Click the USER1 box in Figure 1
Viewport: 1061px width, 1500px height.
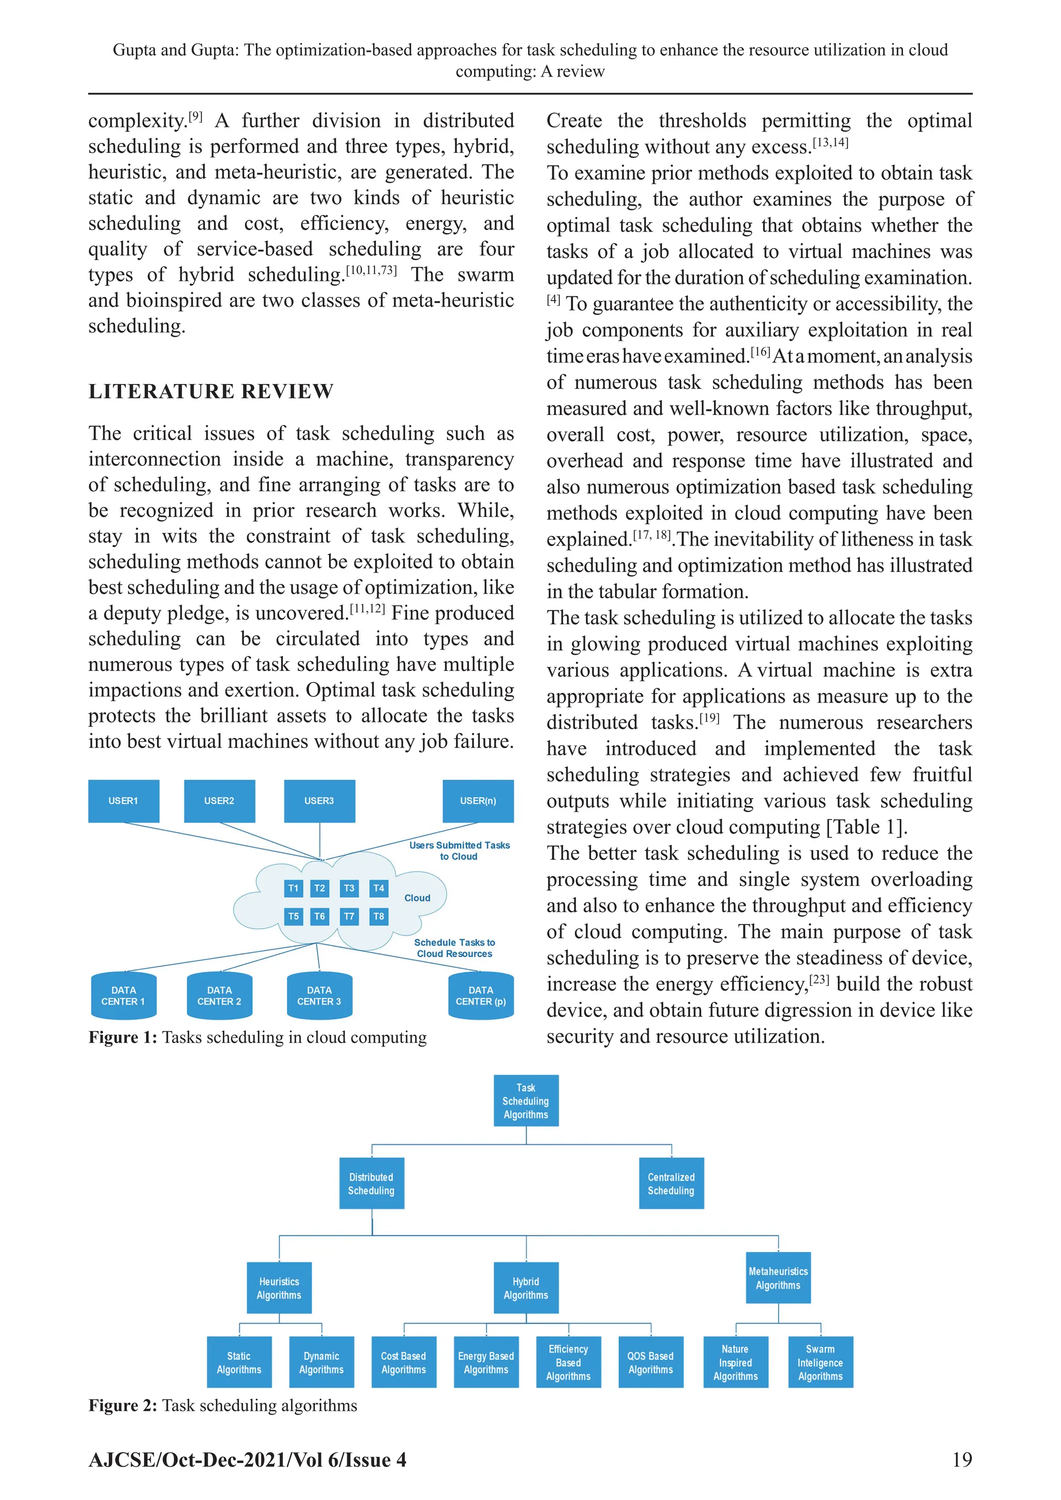point(123,801)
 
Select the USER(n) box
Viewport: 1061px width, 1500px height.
point(478,801)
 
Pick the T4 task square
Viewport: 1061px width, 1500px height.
point(378,888)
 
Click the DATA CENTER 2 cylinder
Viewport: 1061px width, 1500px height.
point(220,996)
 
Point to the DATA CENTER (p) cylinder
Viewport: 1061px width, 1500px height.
point(481,996)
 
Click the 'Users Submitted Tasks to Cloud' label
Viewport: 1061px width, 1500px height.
point(460,851)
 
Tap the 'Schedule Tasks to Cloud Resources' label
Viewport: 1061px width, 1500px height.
point(455,948)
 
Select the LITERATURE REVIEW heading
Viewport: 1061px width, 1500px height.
point(211,391)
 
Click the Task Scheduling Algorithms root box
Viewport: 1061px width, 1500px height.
point(526,1101)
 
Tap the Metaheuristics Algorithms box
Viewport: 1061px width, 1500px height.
point(778,1278)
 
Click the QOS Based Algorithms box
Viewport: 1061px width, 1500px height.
point(651,1363)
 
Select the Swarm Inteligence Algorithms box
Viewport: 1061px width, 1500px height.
point(820,1363)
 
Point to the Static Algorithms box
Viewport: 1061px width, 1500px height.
point(239,1363)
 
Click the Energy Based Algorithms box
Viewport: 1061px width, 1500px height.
point(486,1363)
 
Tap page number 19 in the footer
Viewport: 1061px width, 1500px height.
point(962,1460)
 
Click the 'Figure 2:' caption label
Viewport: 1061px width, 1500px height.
point(123,1405)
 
